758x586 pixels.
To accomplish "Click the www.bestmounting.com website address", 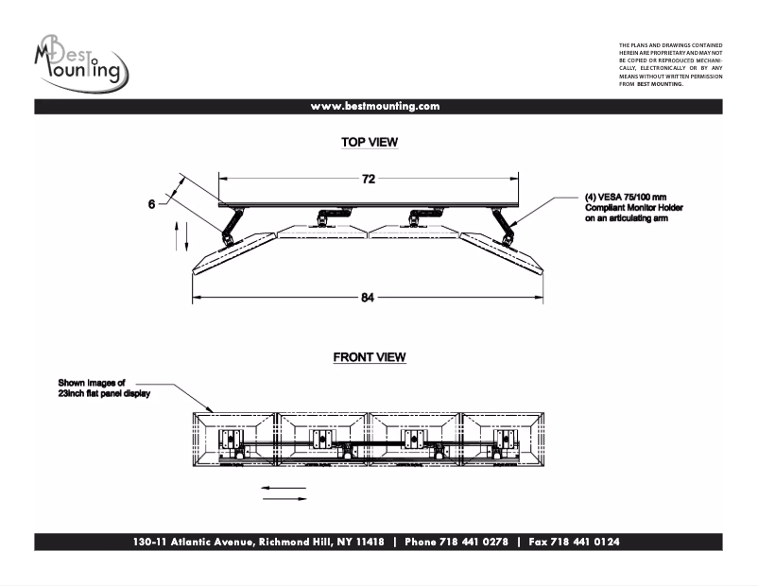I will pyautogui.click(x=375, y=107).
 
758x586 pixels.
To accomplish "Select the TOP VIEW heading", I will pyautogui.click(x=369, y=143).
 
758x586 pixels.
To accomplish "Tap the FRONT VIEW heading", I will pyautogui.click(x=369, y=357).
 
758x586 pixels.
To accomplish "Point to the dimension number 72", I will pyautogui.click(x=369, y=179).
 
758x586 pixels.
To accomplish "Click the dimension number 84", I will pyautogui.click(x=368, y=298).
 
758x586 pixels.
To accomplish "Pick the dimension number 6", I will pyautogui.click(x=151, y=203).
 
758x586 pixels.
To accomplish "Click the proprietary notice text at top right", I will pyautogui.click(x=670, y=64).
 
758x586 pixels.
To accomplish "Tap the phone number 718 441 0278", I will pyautogui.click(x=457, y=543).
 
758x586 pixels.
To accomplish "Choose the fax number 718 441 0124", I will pyautogui.click(x=574, y=543).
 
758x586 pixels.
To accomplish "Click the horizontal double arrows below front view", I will pyautogui.click(x=284, y=493).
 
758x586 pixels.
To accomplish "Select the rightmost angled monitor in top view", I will pyautogui.click(x=501, y=251).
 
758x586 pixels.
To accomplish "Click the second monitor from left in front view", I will pyautogui.click(x=321, y=438).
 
